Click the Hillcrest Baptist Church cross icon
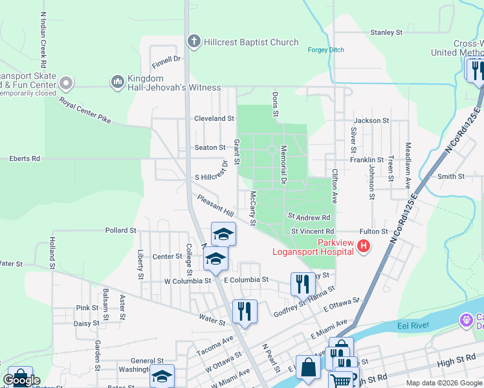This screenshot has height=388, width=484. click(193, 42)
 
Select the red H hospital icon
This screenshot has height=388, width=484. click(364, 246)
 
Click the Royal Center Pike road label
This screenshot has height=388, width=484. click(85, 111)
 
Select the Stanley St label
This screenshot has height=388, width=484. click(386, 32)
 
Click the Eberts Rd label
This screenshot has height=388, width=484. click(24, 158)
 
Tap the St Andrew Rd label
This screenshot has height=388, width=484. click(309, 218)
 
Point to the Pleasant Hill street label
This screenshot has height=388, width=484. click(215, 206)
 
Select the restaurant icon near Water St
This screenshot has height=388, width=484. click(245, 311)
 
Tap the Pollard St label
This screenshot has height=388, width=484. click(120, 230)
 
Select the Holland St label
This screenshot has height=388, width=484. click(50, 253)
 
